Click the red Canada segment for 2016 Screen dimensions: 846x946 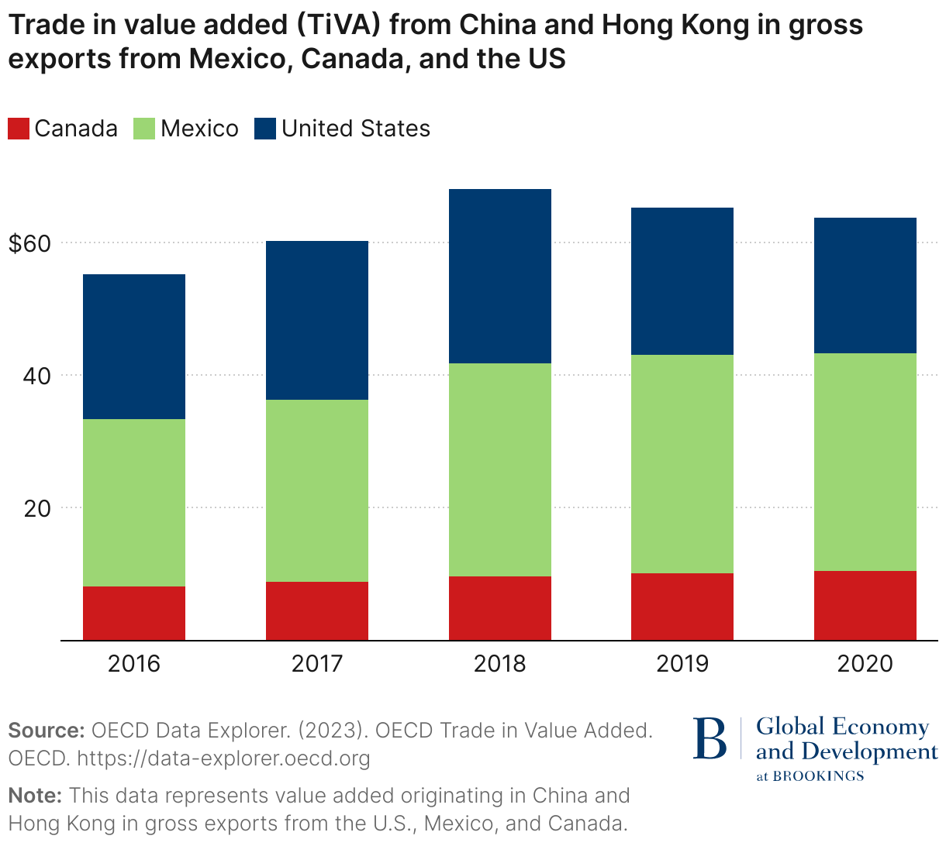134,613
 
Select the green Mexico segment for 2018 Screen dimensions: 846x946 500,469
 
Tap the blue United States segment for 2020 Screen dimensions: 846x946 865,285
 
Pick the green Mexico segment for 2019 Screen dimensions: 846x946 682,463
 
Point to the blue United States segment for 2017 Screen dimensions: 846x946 317,320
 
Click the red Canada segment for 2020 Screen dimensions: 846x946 865,605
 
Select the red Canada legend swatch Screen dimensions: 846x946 19,129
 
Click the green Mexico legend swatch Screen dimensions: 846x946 145,129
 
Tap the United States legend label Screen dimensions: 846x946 355,129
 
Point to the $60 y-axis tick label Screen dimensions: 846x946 29,243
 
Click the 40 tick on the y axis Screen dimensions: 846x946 39,376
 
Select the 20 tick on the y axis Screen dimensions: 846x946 39,508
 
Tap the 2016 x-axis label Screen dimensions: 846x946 134,664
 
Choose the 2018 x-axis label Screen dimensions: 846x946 500,664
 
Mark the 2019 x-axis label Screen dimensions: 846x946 682,664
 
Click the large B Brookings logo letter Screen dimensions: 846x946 710,739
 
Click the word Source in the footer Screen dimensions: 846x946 46,731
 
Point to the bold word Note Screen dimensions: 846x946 35,796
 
